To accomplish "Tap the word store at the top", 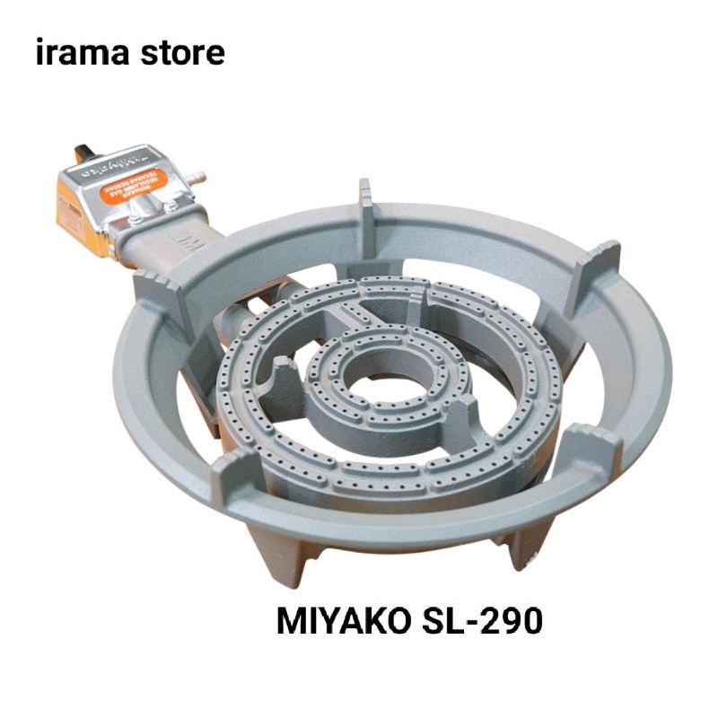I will tap(183, 53).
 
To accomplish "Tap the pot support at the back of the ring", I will tap(367, 202).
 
